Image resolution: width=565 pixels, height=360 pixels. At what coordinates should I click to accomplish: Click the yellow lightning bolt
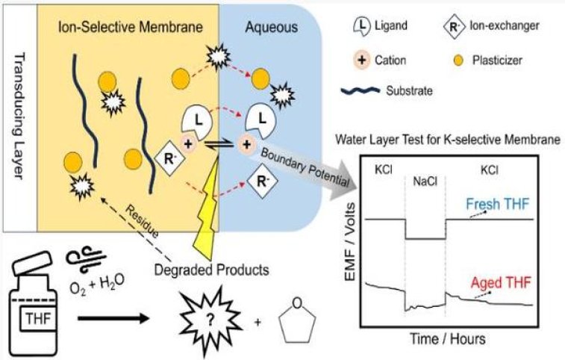pos(201,217)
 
